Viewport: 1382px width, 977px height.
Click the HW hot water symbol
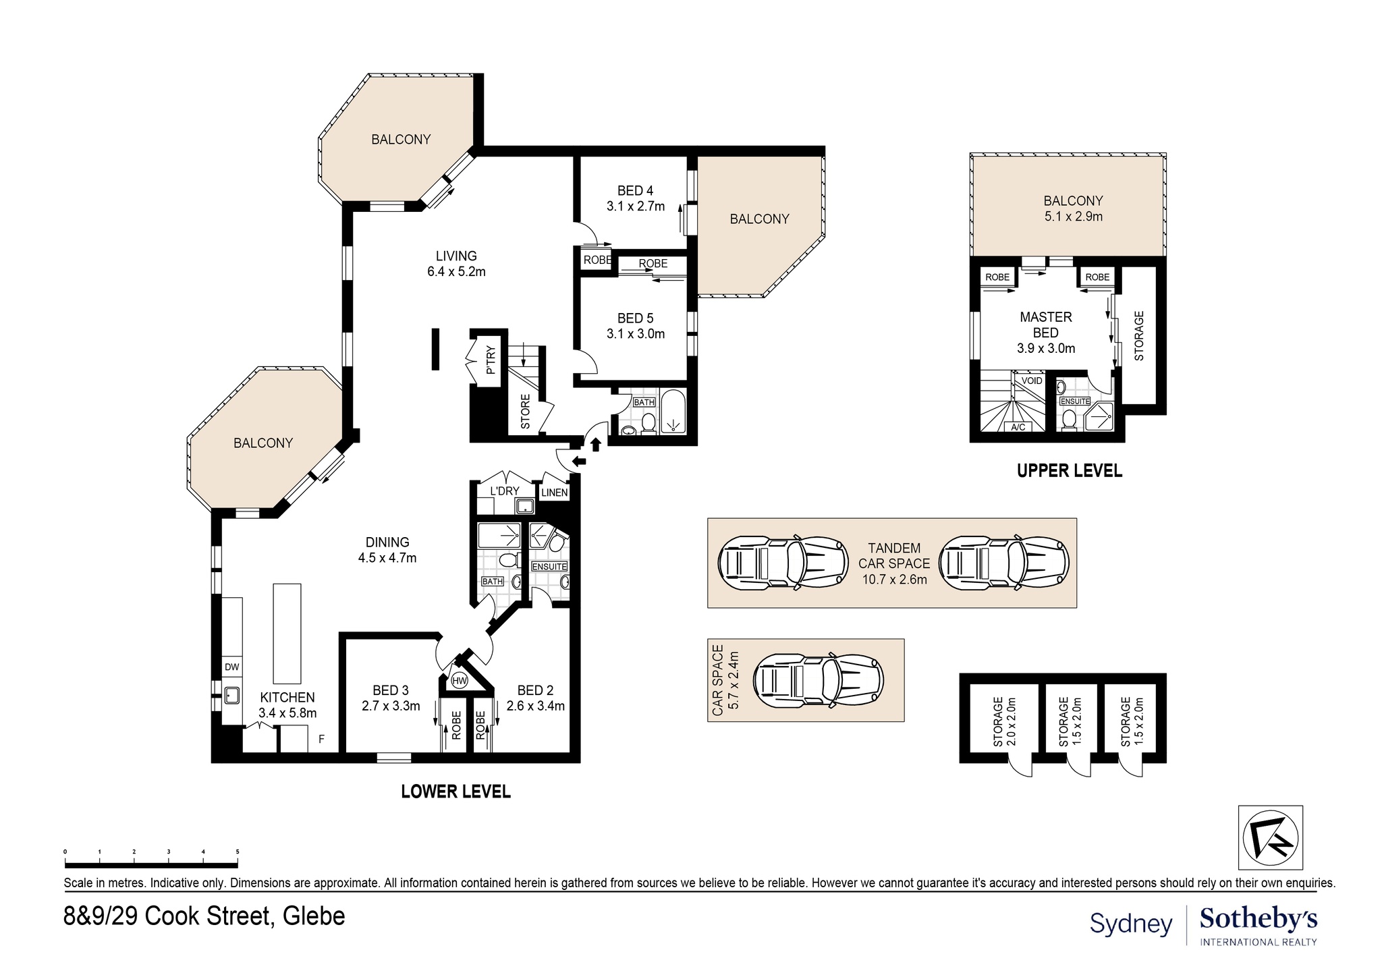[x=460, y=681]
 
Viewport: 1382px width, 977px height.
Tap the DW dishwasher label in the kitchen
[x=231, y=667]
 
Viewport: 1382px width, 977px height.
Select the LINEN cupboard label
[x=555, y=493]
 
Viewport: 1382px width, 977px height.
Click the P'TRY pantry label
[x=490, y=360]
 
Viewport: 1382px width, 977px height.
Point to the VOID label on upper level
[x=1032, y=381]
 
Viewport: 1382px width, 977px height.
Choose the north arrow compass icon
[x=1271, y=837]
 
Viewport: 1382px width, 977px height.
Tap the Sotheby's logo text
[x=1259, y=919]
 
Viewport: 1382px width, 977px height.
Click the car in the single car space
[x=818, y=679]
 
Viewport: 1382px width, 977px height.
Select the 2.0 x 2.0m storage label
[x=1005, y=722]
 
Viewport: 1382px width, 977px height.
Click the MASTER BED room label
[x=1046, y=325]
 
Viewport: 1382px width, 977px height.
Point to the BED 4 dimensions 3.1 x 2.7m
[x=636, y=206]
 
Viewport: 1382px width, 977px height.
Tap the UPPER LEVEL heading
[x=1070, y=471]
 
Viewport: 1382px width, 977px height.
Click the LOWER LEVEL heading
[x=455, y=791]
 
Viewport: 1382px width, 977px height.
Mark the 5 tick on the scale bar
[x=238, y=852]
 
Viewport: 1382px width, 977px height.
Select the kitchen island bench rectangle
[x=287, y=634]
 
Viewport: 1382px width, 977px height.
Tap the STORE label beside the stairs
[x=525, y=412]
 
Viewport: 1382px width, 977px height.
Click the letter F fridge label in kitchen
[x=322, y=739]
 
